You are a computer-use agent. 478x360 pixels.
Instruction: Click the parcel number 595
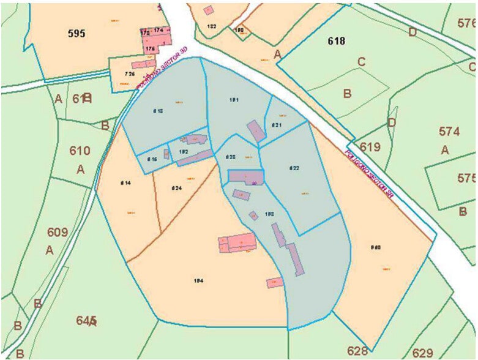point(76,34)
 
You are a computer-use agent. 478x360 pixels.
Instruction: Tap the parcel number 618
point(337,41)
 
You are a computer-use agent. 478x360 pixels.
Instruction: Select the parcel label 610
point(80,151)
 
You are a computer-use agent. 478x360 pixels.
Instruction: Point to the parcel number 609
point(57,232)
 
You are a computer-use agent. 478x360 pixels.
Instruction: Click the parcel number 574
point(449,131)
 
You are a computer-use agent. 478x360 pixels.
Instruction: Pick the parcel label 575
point(466,178)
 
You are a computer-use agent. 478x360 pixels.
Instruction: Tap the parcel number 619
point(370,147)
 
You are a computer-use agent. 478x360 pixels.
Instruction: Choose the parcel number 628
point(357,351)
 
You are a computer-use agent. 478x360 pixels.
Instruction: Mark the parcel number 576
point(466,23)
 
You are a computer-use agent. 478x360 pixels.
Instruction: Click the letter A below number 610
point(80,169)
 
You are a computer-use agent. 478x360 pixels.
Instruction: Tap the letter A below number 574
point(445,150)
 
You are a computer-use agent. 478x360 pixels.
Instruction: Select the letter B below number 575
point(463,211)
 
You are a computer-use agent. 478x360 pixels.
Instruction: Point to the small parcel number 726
point(129,74)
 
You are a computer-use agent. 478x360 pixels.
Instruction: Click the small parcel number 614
point(126,182)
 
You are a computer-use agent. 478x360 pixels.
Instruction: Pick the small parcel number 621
point(277,125)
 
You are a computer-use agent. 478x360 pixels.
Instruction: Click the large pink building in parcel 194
point(237,242)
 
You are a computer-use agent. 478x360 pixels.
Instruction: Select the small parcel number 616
point(152,159)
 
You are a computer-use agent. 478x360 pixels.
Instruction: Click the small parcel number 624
point(177,187)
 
